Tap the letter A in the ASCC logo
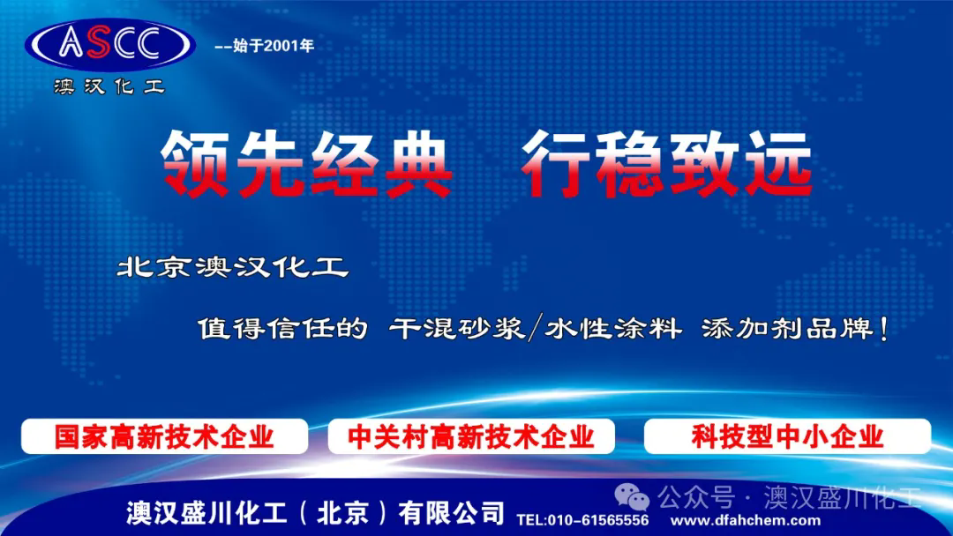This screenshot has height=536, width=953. (x=71, y=43)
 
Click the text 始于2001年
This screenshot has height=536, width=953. (x=274, y=46)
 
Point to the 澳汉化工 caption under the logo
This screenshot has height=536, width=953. (x=109, y=86)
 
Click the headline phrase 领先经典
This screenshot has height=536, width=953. (x=307, y=164)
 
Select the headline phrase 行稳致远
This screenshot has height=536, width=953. (x=667, y=164)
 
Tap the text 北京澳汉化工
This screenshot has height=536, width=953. (x=233, y=267)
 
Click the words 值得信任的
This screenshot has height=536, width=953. (x=282, y=329)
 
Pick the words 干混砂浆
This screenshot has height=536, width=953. (x=457, y=329)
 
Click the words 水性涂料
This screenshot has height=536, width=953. (x=613, y=329)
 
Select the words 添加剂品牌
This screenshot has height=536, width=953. (x=788, y=329)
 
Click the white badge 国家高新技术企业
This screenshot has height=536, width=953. (x=165, y=436)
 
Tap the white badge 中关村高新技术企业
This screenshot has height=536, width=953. (x=471, y=436)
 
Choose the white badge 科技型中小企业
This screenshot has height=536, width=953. (x=787, y=436)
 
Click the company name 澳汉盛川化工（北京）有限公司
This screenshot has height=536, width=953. (x=315, y=513)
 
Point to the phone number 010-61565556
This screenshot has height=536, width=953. (x=598, y=520)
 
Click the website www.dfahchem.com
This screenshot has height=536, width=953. (x=745, y=520)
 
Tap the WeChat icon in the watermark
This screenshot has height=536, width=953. (x=632, y=497)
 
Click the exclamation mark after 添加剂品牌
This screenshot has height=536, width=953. (x=883, y=329)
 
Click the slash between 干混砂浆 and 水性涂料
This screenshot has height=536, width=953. (x=535, y=329)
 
